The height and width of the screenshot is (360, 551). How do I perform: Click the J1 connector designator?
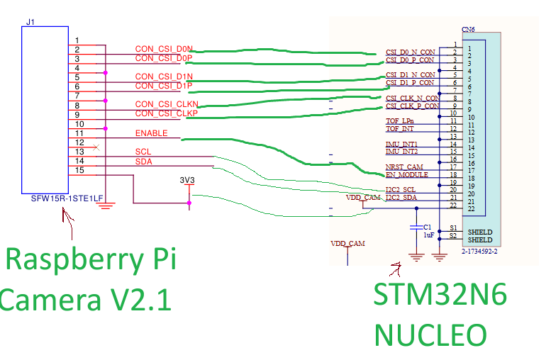click(x=30, y=22)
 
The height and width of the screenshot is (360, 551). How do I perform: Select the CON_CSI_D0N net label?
click(x=163, y=49)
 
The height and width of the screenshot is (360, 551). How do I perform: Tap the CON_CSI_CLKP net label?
click(x=166, y=113)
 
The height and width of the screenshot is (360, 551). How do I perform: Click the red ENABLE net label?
click(x=151, y=133)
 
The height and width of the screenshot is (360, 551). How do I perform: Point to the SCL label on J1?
click(x=143, y=152)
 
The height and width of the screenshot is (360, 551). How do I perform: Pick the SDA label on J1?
click(x=143, y=161)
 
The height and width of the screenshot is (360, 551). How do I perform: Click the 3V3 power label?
click(x=187, y=180)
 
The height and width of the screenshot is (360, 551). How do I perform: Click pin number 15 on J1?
click(x=80, y=170)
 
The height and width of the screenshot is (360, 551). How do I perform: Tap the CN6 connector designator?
click(x=468, y=30)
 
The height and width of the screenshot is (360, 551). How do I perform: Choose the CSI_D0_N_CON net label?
click(x=410, y=52)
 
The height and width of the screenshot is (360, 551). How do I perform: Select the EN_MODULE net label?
click(x=406, y=175)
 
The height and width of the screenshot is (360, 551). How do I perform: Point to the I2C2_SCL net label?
click(x=401, y=190)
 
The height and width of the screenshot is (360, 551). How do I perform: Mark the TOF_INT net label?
click(x=399, y=129)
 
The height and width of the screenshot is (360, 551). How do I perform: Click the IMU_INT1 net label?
click(x=401, y=144)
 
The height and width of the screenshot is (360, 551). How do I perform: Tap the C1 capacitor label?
click(x=428, y=226)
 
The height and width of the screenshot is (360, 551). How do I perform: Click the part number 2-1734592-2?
click(x=479, y=252)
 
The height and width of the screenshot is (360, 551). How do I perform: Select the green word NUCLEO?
click(x=430, y=334)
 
